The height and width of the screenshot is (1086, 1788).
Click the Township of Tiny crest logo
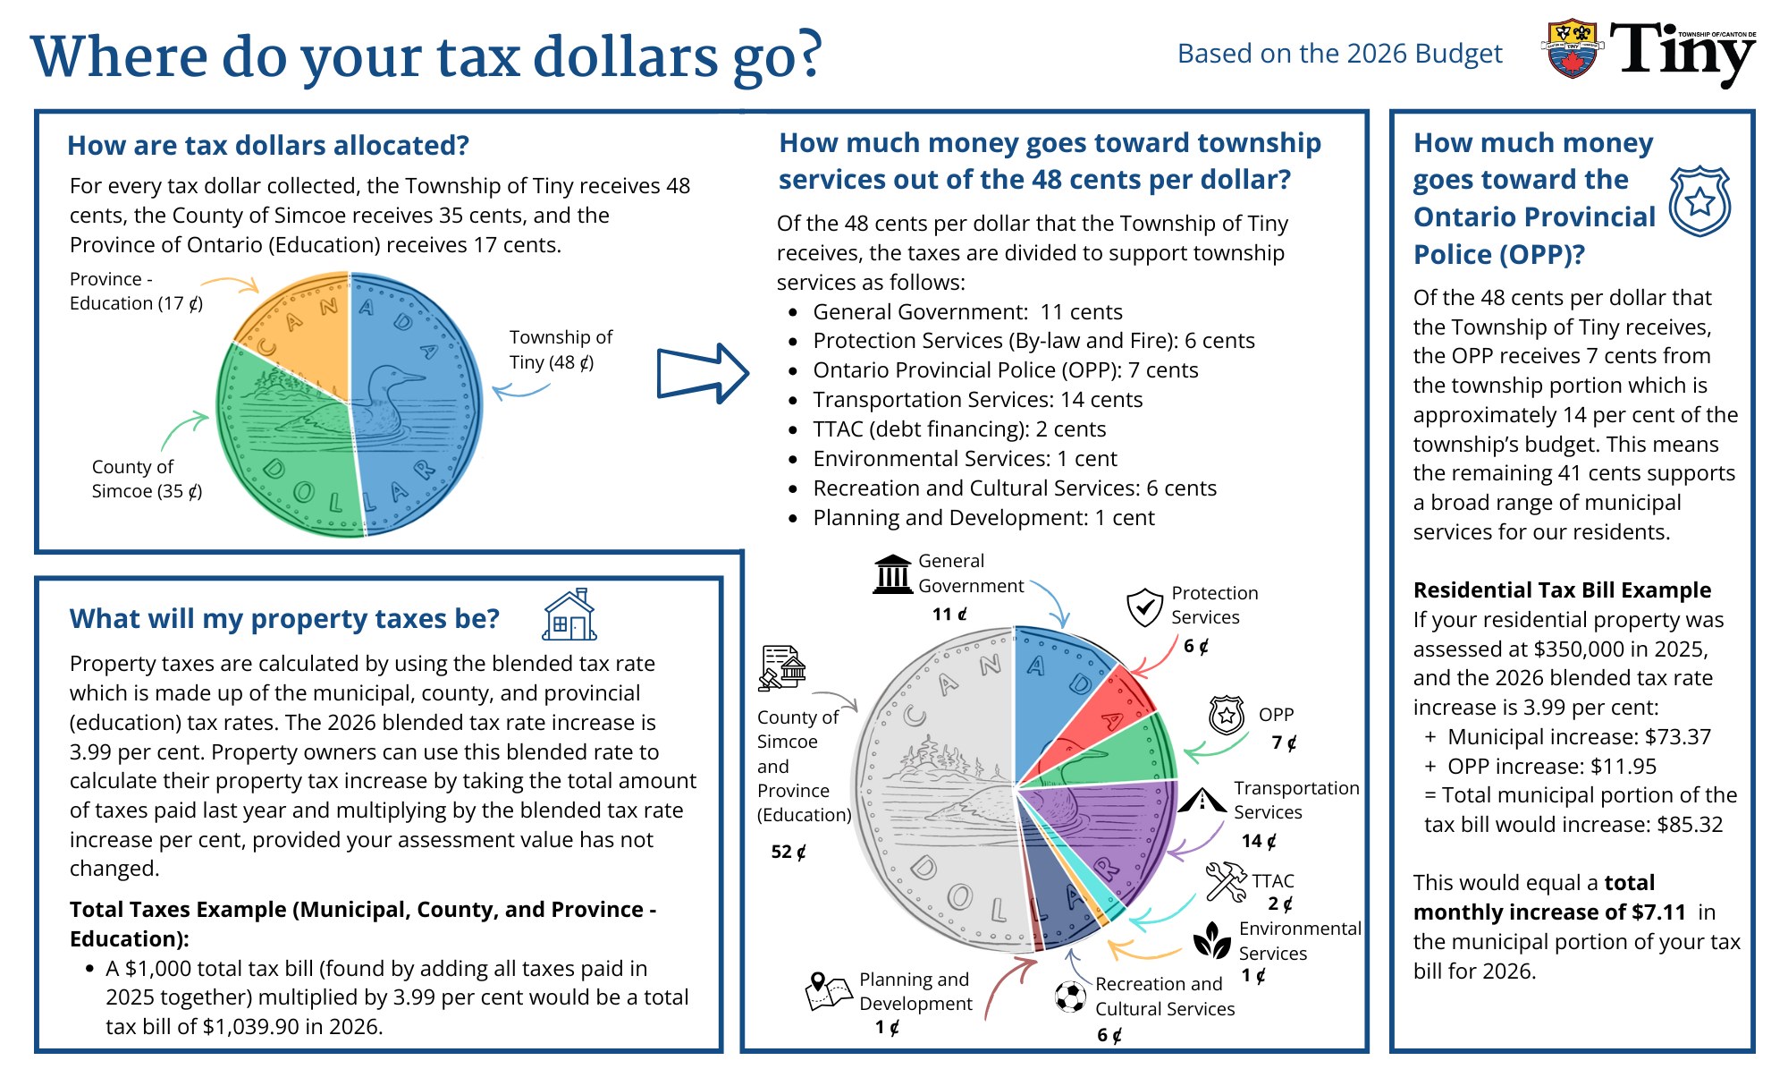tap(1573, 49)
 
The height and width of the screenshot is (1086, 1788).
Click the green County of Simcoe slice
tap(286, 447)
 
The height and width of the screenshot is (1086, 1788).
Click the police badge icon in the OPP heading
tap(1699, 201)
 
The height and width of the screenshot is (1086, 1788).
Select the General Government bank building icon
tap(892, 574)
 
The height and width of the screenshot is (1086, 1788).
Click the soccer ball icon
tap(1070, 996)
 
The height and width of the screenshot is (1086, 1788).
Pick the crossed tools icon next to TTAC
tap(1226, 882)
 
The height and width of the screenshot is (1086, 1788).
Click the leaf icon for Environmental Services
tap(1212, 941)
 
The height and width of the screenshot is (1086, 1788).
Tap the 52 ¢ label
tap(789, 853)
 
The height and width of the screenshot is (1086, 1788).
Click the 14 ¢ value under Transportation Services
tap(1259, 841)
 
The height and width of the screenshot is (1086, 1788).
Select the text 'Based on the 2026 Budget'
tap(1339, 54)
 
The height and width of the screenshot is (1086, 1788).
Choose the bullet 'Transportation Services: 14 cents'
tap(977, 400)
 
